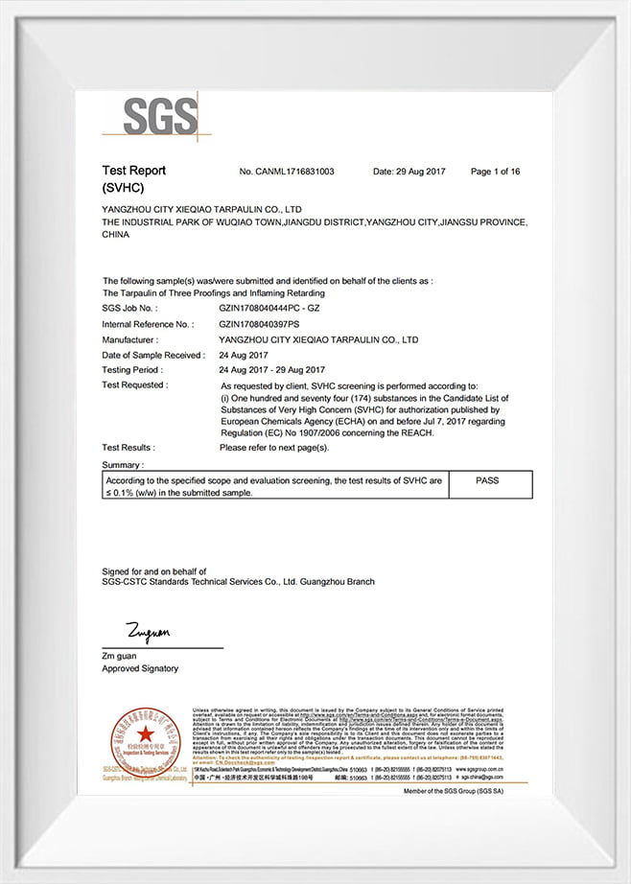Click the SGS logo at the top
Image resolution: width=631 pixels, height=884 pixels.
160,116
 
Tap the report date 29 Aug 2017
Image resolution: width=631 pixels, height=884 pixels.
409,172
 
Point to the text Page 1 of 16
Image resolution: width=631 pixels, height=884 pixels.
495,172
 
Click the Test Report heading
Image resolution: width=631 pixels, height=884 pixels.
134,171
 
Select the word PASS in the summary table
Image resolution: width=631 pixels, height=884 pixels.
487,479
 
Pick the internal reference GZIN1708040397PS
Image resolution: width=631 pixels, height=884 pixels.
260,324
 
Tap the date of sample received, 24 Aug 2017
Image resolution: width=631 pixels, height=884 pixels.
246,355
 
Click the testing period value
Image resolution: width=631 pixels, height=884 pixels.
271,370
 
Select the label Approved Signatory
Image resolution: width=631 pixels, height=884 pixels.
140,668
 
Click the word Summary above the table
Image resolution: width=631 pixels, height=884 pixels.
122,464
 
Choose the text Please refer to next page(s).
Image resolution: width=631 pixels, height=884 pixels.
274,448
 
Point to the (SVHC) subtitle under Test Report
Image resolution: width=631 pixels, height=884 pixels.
123,188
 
